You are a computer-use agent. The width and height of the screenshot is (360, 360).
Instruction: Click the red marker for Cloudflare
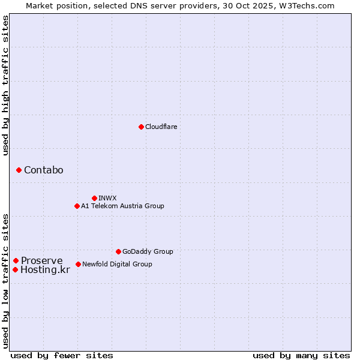141,127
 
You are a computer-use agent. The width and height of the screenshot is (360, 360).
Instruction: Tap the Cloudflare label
161,127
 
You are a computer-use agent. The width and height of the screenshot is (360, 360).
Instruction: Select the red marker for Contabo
19,170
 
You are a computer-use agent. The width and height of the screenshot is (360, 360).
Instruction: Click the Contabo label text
43,170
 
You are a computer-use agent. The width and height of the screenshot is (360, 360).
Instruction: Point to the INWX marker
94,198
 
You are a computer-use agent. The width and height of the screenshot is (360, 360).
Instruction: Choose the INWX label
107,198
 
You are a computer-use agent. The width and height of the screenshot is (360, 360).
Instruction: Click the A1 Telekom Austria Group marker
77,206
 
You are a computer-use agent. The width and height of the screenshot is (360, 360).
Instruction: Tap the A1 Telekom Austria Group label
122,206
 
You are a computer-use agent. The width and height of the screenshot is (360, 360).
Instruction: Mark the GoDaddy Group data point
118,251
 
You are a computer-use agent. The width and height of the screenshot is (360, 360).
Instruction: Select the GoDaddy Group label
148,252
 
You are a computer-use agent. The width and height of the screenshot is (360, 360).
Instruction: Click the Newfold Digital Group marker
79,264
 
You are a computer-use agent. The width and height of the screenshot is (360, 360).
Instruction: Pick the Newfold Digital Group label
117,264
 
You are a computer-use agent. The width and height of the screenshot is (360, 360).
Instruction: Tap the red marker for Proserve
16,260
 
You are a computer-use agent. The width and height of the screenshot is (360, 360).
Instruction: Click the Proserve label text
41,261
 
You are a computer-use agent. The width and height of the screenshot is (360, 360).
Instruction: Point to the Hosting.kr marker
15,269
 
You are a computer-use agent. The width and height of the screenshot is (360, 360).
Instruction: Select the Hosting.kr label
45,270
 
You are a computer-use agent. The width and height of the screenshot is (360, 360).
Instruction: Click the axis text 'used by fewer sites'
62,355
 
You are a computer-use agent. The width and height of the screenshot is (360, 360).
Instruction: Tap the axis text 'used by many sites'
301,355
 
